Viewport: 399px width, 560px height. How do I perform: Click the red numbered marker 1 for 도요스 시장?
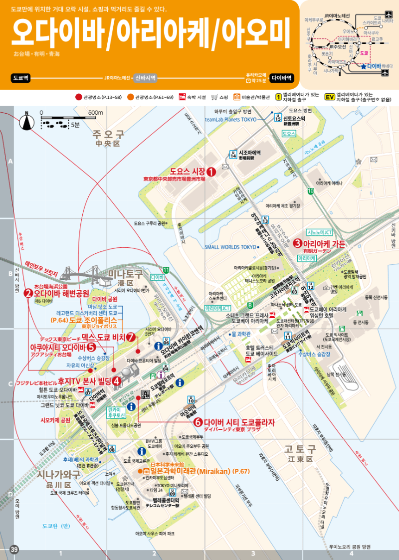tap(211, 172)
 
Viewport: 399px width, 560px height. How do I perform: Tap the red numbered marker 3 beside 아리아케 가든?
tap(297, 243)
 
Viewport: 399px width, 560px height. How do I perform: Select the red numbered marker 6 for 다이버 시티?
tap(198, 422)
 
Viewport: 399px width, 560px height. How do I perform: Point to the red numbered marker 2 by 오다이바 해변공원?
tap(28, 293)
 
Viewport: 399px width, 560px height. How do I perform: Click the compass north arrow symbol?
tap(26, 120)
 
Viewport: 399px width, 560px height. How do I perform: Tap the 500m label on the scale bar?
tap(95, 113)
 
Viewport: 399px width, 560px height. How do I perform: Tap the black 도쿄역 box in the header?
tap(20, 78)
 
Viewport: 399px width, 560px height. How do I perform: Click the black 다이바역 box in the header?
tap(282, 78)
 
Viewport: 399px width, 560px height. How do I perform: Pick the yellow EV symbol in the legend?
tap(329, 97)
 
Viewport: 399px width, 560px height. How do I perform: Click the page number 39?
tap(14, 550)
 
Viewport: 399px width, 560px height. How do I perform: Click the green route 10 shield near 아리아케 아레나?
tap(311, 191)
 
